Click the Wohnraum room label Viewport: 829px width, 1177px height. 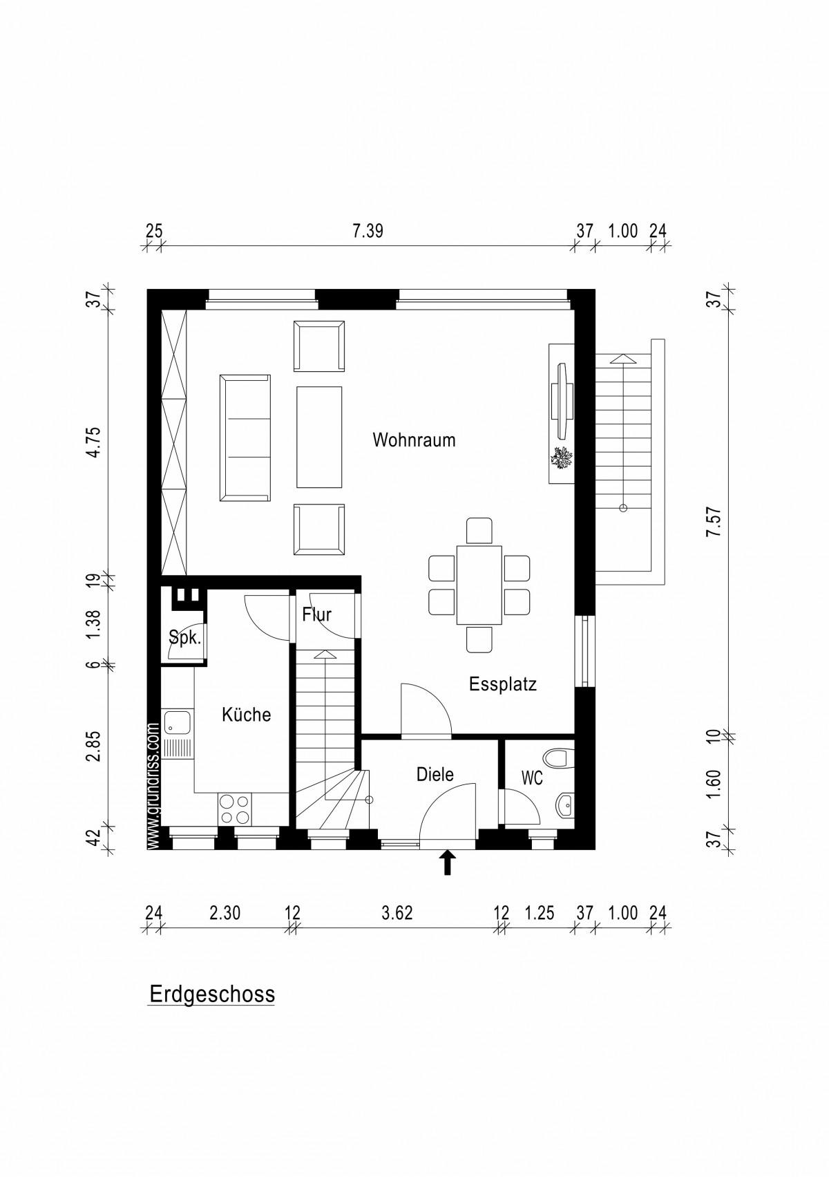click(x=414, y=440)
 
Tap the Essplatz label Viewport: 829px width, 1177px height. click(x=503, y=684)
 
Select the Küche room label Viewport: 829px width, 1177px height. click(x=247, y=714)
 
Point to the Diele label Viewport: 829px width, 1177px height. click(x=435, y=774)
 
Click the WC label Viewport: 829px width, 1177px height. click(x=532, y=778)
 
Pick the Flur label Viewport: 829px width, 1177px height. click(x=317, y=614)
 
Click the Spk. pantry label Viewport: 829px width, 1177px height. click(x=185, y=638)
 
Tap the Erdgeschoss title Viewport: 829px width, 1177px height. click(x=212, y=994)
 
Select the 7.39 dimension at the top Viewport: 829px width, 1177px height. click(x=368, y=232)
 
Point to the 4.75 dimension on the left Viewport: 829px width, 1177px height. click(x=94, y=442)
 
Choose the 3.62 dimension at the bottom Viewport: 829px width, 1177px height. click(x=397, y=913)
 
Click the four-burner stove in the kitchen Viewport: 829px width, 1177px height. click(x=234, y=809)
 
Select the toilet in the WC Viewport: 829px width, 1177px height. click(x=559, y=758)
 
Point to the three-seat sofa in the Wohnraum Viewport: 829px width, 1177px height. click(x=245, y=437)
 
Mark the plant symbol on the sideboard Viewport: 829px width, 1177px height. click(x=562, y=458)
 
